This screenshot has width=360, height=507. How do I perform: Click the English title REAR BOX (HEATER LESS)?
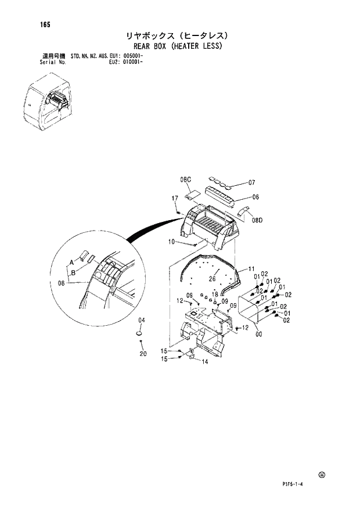tap(178, 45)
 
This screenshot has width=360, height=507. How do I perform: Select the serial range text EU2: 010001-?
tap(127, 62)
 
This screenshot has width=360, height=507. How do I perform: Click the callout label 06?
tap(255, 197)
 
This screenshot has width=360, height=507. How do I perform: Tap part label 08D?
tap(257, 220)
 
